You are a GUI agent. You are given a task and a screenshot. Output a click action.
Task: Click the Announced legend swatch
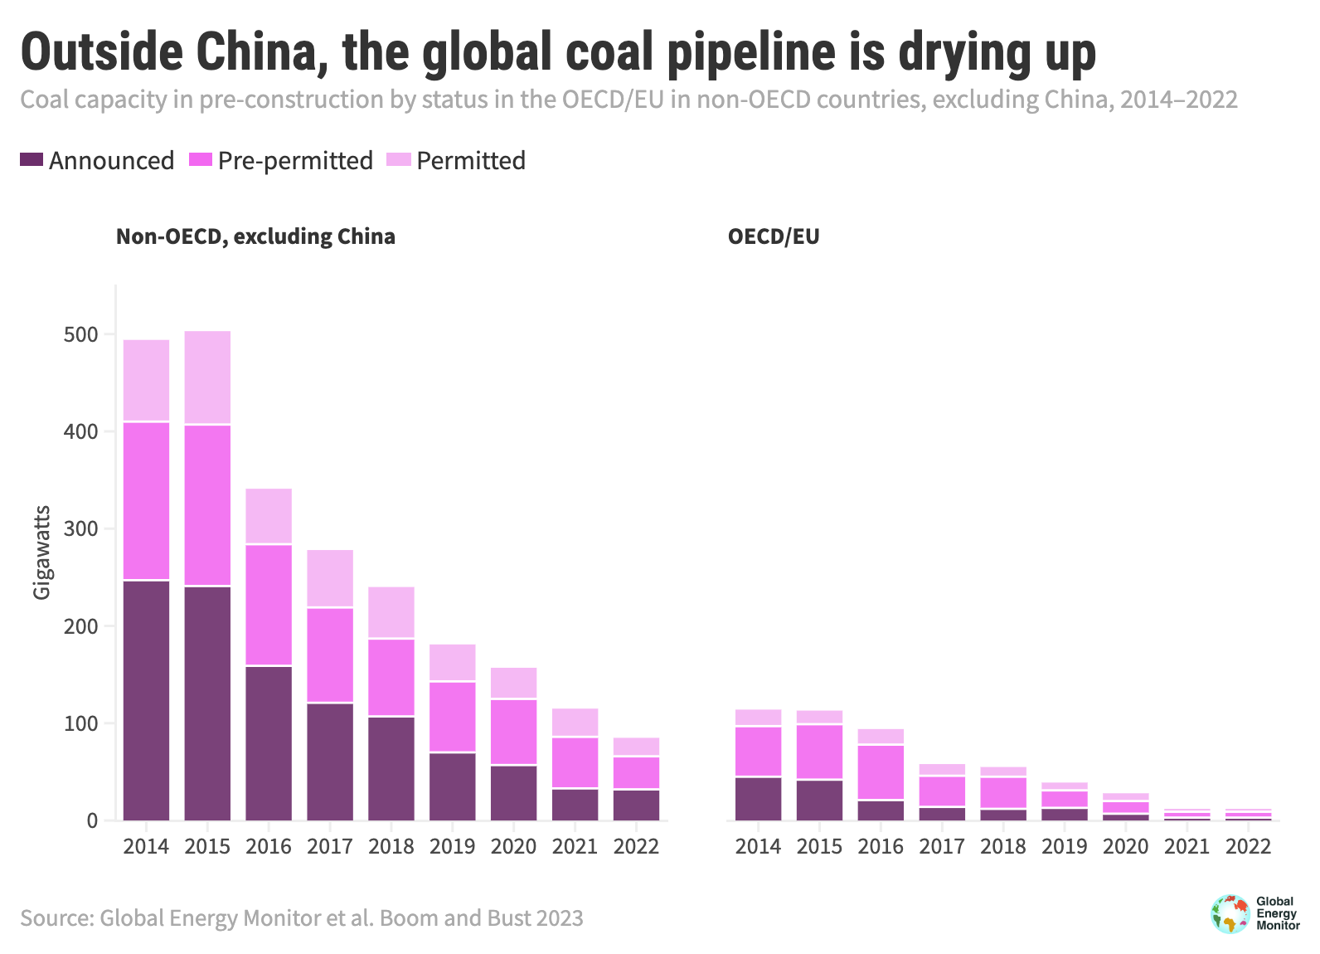(x=32, y=159)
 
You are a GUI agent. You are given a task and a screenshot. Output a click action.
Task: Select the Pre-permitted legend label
(x=295, y=160)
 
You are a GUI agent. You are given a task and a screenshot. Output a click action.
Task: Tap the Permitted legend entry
(x=470, y=160)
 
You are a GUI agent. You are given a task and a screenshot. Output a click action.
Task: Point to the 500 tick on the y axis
(x=80, y=334)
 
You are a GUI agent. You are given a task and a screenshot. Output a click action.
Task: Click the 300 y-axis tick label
(x=80, y=528)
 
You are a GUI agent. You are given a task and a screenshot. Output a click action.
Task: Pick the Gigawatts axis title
(x=41, y=552)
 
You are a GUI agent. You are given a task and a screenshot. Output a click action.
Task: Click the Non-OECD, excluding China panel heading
(x=255, y=236)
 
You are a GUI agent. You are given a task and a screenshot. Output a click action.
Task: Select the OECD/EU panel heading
(x=774, y=236)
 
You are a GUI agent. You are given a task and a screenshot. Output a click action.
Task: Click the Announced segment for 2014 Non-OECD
(x=147, y=700)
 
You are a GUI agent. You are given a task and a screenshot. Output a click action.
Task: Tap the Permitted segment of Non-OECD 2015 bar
(x=207, y=377)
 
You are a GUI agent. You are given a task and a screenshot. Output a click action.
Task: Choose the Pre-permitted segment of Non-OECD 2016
(x=269, y=605)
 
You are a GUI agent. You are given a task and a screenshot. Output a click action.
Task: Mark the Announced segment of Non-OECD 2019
(x=453, y=786)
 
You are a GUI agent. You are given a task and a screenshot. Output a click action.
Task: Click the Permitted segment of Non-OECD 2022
(x=636, y=747)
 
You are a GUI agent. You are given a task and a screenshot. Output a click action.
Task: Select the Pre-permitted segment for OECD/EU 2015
(x=819, y=752)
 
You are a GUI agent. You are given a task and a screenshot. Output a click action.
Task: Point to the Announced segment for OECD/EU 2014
(x=759, y=798)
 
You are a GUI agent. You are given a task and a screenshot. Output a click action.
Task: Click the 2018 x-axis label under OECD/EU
(x=1003, y=846)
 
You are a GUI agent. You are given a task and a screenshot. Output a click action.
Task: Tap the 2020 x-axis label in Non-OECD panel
(x=513, y=846)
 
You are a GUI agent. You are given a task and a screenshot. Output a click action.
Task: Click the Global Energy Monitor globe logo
(x=1230, y=913)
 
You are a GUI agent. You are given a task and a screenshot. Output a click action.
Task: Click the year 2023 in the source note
(x=560, y=918)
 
